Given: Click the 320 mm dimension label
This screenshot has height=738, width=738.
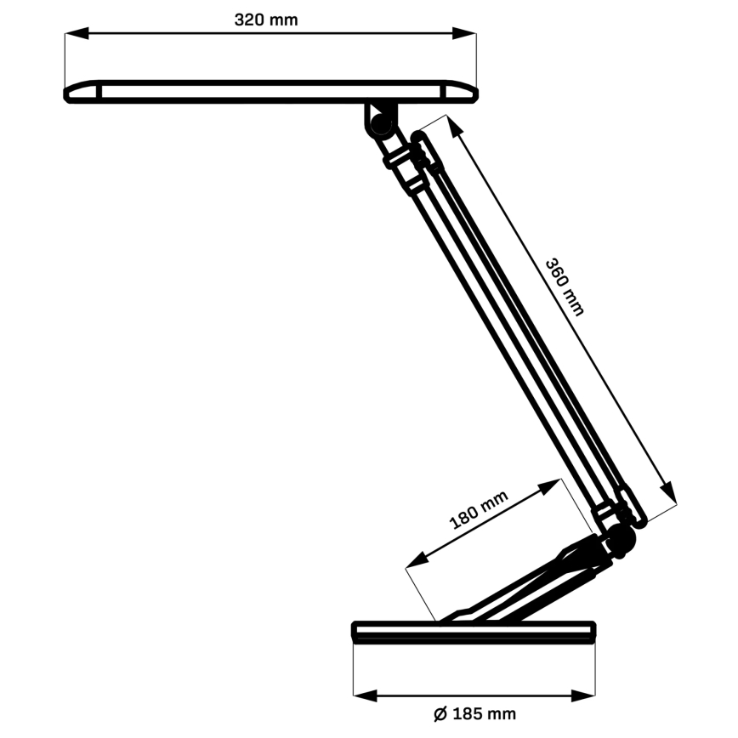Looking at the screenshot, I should pos(266,20).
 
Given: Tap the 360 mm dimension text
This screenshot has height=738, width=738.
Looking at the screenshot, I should pos(565,286).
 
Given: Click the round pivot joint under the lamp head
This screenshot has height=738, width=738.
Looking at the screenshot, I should pos(379,121).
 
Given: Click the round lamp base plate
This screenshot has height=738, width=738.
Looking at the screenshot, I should pos(474,632).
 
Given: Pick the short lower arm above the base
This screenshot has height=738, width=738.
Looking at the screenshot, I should pos(527,587).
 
